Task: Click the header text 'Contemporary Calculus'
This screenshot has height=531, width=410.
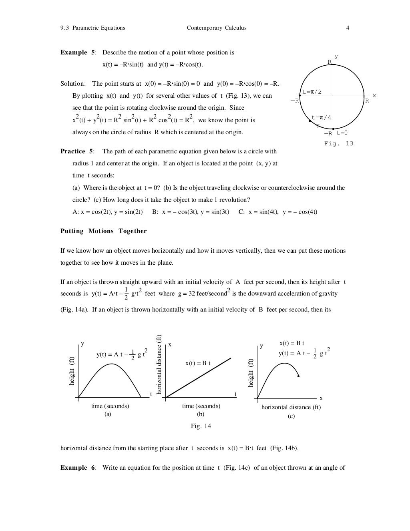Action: pos(216,28)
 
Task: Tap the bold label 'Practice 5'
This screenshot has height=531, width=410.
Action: pos(76,151)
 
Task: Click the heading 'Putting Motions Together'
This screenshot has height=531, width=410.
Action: pos(103,231)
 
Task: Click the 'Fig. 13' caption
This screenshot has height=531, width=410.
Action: pos(338,143)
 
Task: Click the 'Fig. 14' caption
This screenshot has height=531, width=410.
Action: pos(201,426)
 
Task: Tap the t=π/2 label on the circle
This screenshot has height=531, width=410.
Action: pos(312,92)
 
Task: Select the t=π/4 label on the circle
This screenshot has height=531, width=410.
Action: pos(322,117)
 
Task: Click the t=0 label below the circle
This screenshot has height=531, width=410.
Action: pos(342,133)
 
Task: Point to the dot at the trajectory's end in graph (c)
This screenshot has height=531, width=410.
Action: pos(299,376)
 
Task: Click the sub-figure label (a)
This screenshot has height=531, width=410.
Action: pos(108,414)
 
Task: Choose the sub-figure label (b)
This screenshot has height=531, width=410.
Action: pos(201,414)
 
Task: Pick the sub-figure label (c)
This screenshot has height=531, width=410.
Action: pos(291,416)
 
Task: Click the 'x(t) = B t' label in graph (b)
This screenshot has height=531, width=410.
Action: pos(198,363)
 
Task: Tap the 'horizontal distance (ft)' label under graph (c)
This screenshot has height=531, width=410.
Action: pos(291,407)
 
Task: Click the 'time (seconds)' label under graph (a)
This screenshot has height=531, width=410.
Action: pos(110,406)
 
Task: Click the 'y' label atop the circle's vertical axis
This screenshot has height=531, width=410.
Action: pos(336,57)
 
